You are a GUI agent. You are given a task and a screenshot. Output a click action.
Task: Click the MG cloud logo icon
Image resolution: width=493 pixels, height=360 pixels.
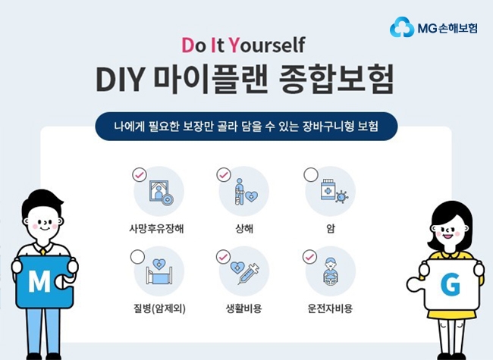click(402, 27)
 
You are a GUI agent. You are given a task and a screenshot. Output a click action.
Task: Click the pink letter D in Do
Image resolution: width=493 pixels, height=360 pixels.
click(188, 45)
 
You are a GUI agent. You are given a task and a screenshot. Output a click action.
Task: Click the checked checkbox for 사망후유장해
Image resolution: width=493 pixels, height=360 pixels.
click(140, 174)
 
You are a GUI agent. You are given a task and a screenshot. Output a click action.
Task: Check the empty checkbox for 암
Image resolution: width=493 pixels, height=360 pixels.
click(311, 174)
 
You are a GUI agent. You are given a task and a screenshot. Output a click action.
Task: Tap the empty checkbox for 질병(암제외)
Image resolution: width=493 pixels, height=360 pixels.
click(138, 257)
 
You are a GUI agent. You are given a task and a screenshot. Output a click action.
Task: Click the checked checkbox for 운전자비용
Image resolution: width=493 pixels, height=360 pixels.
click(309, 257)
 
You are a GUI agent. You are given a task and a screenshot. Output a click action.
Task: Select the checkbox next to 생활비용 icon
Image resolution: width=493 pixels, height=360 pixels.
click(223, 257)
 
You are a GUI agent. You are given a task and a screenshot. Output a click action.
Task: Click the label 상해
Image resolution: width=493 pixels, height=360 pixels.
click(244, 228)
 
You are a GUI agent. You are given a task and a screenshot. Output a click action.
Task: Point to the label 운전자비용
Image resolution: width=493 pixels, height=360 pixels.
click(330, 308)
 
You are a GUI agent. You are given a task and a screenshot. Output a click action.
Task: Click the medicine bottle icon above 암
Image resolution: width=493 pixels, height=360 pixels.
click(328, 189)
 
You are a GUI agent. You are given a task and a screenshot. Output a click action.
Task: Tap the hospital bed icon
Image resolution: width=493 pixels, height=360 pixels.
click(159, 272)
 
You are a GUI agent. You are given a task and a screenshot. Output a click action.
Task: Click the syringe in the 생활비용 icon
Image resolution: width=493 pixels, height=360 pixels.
click(249, 274)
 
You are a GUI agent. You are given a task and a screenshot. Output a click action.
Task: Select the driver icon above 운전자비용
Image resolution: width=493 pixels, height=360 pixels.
click(331, 271)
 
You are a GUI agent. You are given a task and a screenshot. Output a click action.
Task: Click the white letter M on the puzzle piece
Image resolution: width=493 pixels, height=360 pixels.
click(39, 280)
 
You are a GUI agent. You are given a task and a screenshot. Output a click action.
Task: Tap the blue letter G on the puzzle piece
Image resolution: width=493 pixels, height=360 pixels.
click(451, 284)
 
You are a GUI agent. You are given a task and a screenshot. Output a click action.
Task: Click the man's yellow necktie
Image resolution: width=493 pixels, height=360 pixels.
click(42, 252)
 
